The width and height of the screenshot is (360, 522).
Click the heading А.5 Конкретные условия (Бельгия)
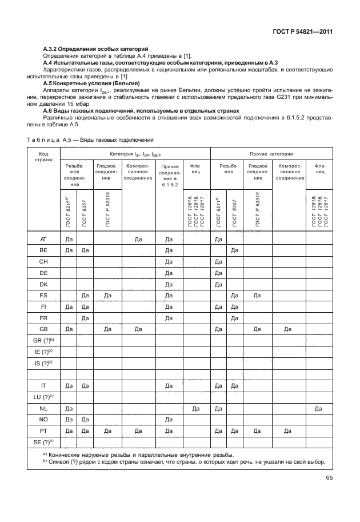click(91, 83)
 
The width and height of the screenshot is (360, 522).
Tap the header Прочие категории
click(271, 154)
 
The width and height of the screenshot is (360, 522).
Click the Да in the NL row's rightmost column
click(318, 408)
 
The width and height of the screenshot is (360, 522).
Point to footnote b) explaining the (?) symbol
click(183, 462)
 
